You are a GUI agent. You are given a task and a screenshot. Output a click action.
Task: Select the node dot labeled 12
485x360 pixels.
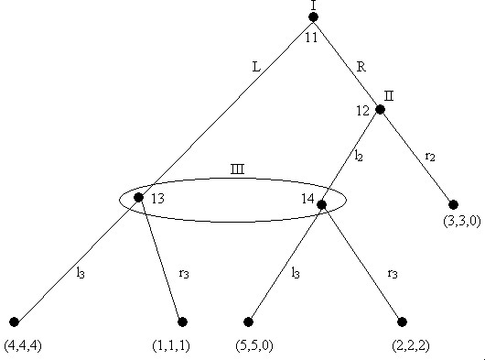(x=380, y=110)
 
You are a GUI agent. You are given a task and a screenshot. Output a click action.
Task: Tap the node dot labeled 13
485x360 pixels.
(x=138, y=197)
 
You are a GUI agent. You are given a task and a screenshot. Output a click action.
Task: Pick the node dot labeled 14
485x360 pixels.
(x=321, y=204)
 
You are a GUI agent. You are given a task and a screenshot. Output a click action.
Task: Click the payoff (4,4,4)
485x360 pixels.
(x=21, y=346)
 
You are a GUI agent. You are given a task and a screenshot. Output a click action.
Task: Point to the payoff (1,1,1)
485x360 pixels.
(x=169, y=346)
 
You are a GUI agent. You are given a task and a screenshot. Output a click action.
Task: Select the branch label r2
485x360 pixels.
(x=430, y=156)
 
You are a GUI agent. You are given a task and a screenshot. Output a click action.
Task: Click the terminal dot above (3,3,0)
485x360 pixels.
(x=452, y=204)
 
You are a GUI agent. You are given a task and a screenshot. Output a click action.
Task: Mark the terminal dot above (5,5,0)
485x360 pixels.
(x=248, y=322)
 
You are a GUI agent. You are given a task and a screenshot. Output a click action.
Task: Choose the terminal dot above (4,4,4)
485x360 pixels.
(x=14, y=322)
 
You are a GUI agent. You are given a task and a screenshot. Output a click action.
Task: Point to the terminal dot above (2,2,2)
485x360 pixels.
(x=401, y=322)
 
